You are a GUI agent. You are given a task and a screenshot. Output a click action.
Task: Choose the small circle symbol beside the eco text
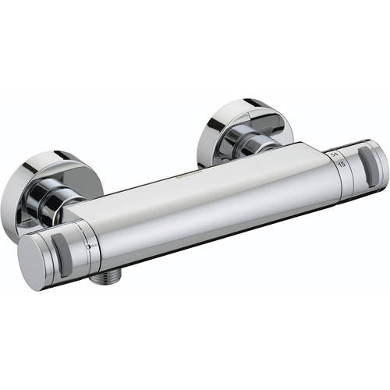tap(88, 249)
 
